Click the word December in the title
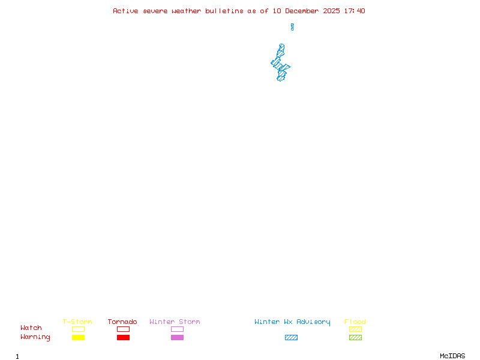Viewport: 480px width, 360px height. (302, 11)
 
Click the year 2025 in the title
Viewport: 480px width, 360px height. (332, 11)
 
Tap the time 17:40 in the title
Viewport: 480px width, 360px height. (355, 11)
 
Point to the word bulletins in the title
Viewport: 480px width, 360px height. (224, 11)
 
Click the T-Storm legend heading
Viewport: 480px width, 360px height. (77, 322)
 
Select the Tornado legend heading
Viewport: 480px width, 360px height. (122, 322)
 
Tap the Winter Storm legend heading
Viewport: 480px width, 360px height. (175, 322)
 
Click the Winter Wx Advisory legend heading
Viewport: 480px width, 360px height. (292, 322)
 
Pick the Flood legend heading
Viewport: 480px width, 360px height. (355, 322)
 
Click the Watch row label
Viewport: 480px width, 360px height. (31, 328)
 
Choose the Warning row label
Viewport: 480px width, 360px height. (35, 337)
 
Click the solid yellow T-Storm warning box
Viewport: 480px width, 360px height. (79, 337)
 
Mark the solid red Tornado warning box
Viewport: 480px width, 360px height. (124, 337)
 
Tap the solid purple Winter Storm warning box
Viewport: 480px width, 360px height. (177, 337)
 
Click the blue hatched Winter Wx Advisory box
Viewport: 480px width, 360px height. (291, 337)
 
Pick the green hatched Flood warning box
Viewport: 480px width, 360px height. (355, 337)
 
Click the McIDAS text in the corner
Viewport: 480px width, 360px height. (452, 356)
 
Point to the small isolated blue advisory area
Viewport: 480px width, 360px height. (292, 27)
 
